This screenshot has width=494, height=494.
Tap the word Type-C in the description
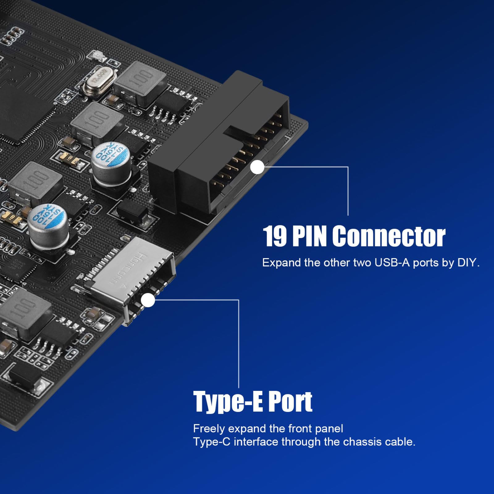[x=212, y=442]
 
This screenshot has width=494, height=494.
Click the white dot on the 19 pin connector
[x=257, y=167]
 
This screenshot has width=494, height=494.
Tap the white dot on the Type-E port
[x=148, y=300]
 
